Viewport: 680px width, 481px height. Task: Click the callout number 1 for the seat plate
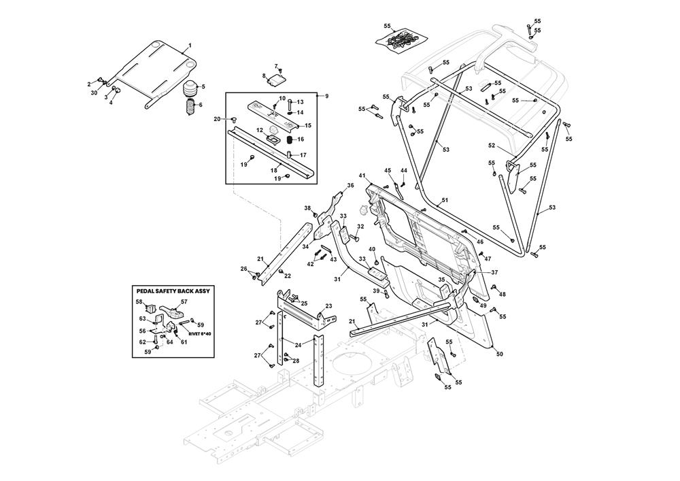point(190,45)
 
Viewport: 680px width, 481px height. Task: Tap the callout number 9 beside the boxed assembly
point(326,96)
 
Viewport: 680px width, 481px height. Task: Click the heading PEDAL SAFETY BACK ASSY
point(173,291)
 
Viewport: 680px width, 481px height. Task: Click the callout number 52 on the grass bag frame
point(491,145)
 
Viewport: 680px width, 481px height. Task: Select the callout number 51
point(445,200)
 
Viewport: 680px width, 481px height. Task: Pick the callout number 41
point(362,176)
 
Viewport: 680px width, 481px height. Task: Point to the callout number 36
point(350,185)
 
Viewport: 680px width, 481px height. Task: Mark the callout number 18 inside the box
point(274,169)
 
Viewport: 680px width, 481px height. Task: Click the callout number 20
point(217,119)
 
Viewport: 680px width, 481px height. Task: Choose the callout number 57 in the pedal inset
point(184,301)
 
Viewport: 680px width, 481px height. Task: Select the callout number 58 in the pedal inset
point(139,301)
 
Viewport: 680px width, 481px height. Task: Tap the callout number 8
point(264,76)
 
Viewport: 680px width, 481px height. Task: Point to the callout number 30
point(94,93)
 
